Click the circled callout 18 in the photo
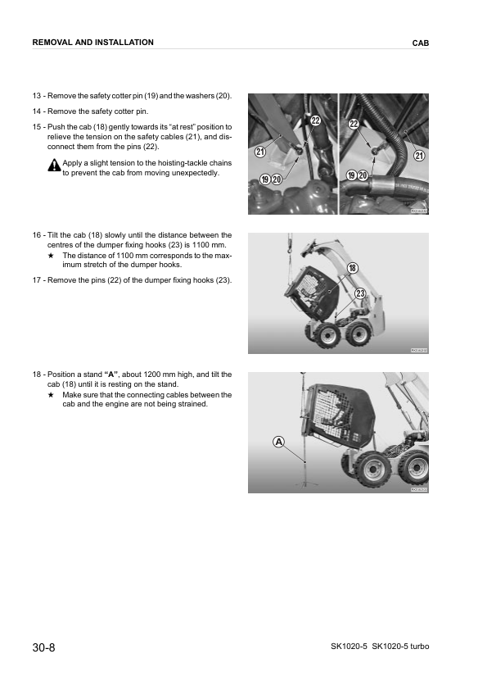(352, 268)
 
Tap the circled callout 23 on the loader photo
(359, 293)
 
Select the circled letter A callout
(279, 442)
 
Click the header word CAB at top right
(421, 43)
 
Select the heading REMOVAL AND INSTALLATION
(92, 42)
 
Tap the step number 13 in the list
(38, 96)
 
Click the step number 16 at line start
(38, 235)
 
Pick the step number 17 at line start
(38, 281)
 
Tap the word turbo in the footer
(417, 647)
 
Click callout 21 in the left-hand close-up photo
(259, 152)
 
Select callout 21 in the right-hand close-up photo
(419, 156)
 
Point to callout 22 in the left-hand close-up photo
(315, 121)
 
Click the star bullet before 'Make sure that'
(52, 394)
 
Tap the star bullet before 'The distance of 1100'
(52, 256)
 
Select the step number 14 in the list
(38, 111)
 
